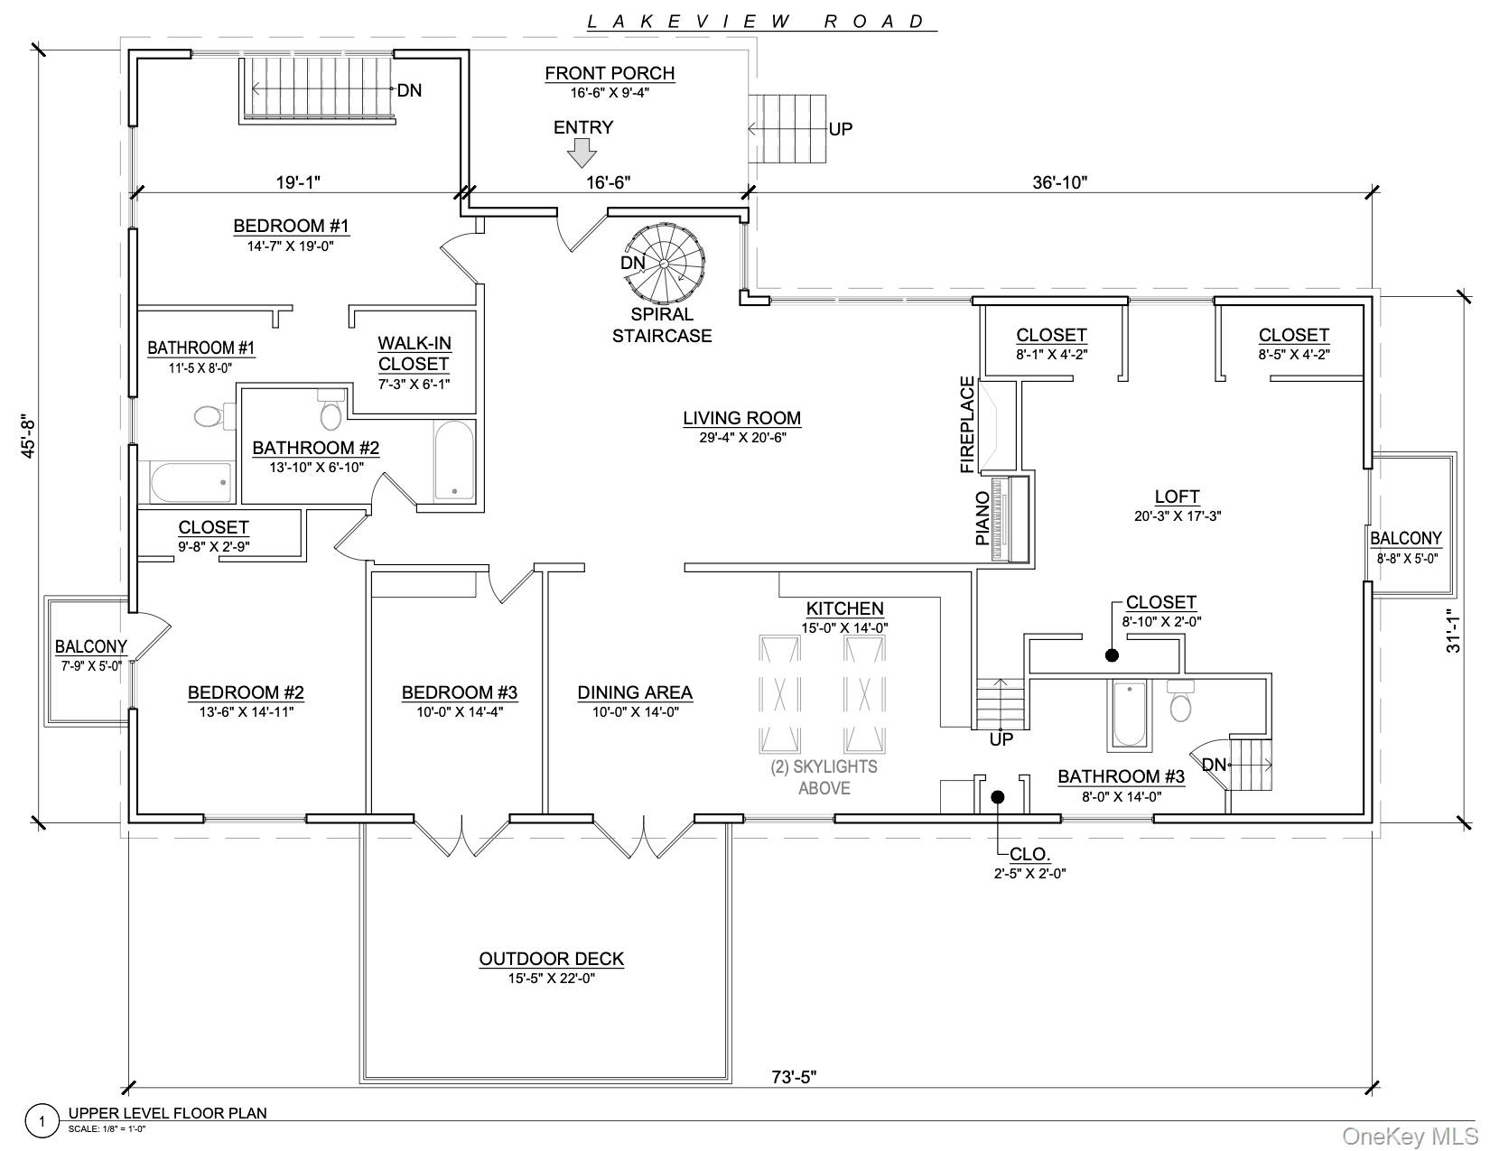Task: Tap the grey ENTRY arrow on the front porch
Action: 582,156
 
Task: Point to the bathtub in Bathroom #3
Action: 1129,713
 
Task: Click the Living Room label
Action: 741,418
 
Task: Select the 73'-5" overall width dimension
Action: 795,1076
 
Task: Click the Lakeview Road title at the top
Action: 757,22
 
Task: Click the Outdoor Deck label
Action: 551,959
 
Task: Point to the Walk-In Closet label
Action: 414,354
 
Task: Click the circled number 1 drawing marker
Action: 42,1122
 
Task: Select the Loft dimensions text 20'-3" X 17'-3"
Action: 1178,516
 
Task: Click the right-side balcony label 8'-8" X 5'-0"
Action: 1407,559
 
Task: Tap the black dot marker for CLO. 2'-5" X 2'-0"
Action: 998,797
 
